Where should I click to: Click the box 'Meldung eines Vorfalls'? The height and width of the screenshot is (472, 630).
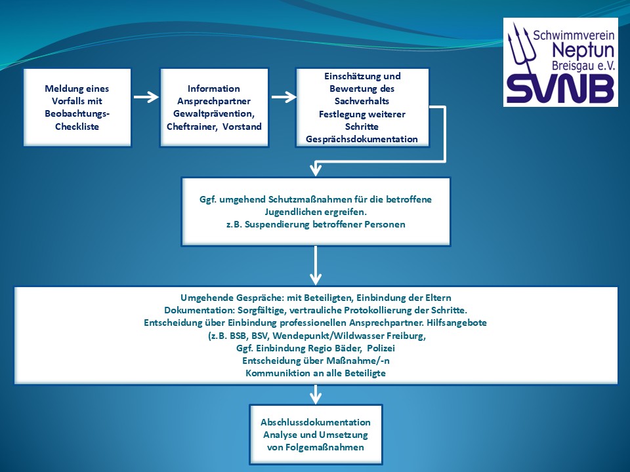[x=77, y=107]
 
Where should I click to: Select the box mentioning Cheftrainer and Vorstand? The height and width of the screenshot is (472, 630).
[x=214, y=107]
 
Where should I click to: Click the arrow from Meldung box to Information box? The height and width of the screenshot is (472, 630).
[x=146, y=98]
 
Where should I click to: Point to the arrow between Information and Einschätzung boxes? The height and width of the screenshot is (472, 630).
[x=283, y=98]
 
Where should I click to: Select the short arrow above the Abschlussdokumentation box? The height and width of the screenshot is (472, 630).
[x=316, y=394]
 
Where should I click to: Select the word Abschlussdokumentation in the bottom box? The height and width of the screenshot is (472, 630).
[x=316, y=422]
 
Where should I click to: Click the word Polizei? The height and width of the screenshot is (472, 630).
[x=381, y=348]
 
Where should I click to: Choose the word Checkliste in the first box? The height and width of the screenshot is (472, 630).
[x=77, y=126]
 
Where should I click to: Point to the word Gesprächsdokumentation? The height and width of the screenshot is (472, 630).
[x=362, y=139]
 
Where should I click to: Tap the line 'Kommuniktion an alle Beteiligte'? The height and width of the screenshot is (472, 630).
[x=316, y=373]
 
